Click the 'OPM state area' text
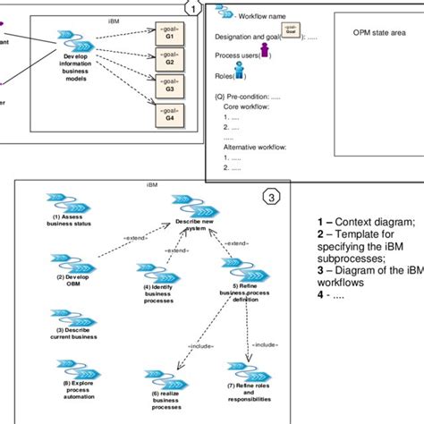tap(377, 30)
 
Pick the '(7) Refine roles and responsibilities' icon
tap(242, 372)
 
